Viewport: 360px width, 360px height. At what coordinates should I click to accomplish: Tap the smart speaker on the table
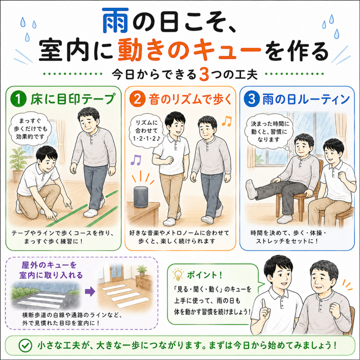click(x=141, y=197)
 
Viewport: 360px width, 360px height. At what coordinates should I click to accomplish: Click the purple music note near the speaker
click(x=136, y=160)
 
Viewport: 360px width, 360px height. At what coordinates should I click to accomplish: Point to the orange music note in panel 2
click(x=227, y=121)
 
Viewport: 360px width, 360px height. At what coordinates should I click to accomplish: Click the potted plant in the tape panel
click(x=18, y=165)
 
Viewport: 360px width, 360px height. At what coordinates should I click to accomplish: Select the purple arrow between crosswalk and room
click(x=90, y=291)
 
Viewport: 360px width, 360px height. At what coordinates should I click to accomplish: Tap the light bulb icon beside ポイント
click(x=178, y=275)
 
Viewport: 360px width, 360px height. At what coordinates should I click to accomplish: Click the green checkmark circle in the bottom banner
click(x=25, y=345)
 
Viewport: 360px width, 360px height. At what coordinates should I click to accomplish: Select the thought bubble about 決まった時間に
click(x=269, y=132)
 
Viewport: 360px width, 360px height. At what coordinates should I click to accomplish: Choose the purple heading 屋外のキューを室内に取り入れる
click(x=51, y=270)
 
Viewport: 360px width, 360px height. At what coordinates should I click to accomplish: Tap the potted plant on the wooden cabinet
click(x=142, y=270)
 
